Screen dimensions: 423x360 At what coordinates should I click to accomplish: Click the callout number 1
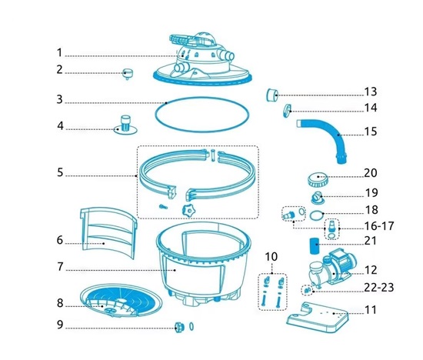coord(60,53)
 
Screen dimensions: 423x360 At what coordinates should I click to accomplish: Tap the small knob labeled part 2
coord(127,73)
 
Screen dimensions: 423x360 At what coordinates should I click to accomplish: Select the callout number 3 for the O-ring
coord(60,99)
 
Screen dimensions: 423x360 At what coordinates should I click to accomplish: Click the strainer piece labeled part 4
coord(125,125)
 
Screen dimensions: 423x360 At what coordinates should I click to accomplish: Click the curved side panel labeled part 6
coord(108,233)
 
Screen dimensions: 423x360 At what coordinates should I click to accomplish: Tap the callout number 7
coord(60,267)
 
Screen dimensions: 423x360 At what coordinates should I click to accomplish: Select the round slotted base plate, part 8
coord(121,300)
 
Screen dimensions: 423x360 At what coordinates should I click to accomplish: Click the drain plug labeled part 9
coord(179,327)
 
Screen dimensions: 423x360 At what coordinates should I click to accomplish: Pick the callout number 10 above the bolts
coord(271,256)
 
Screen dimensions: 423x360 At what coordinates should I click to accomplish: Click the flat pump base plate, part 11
coord(317,317)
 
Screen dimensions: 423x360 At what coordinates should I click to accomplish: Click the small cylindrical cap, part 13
coord(272,95)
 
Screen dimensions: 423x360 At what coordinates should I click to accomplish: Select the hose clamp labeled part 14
coord(288,111)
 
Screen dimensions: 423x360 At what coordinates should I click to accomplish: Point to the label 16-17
coord(379,226)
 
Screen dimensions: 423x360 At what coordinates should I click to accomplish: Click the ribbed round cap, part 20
coord(318,180)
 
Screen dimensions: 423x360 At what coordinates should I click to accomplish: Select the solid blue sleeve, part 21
coord(314,245)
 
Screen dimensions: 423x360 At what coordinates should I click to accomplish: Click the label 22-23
coord(379,288)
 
